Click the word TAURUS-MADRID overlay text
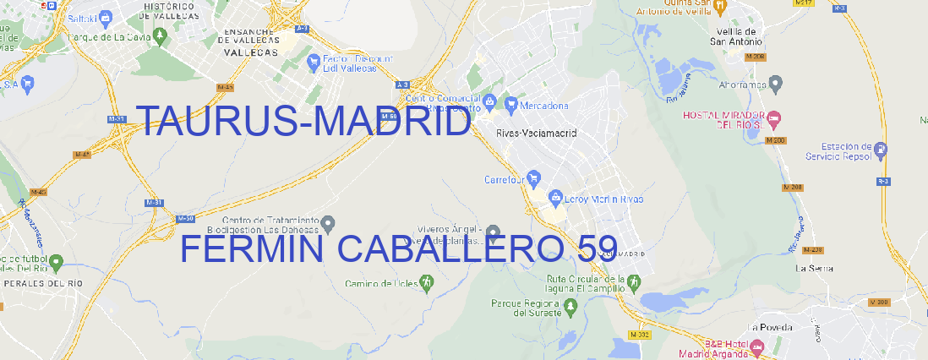point(303,123)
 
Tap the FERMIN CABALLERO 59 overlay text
point(398,248)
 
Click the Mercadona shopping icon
point(510,105)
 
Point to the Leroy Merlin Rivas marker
point(555,199)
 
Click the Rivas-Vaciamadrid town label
point(537,134)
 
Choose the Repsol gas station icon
point(882,150)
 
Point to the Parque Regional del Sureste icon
point(570,307)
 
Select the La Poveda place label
point(769,327)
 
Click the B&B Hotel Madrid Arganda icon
point(757,346)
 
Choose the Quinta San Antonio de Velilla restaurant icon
point(719,7)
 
